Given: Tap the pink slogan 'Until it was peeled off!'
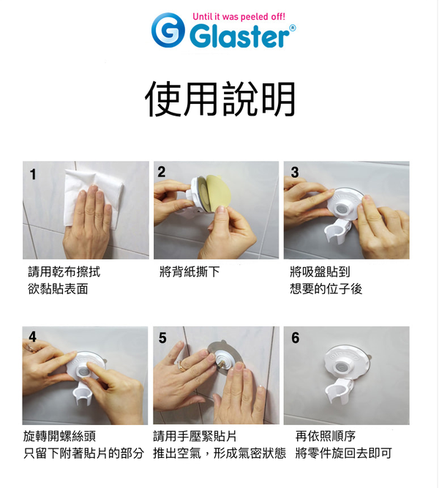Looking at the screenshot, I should pos(239,15).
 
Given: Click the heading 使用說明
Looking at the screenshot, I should pos(219,99).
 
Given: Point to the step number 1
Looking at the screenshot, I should pos(34,174).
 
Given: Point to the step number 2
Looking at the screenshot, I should pos(162,172).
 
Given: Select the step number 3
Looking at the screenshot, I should pos(294,173).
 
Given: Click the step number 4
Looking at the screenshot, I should pos(32,337).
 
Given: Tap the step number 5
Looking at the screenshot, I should pos(162,338).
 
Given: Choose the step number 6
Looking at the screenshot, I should pos(295,338).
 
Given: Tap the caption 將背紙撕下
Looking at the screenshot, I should pos(190,272).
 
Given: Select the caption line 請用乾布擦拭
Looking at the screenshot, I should pos(64,272).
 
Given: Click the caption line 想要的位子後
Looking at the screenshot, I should pos(326,289).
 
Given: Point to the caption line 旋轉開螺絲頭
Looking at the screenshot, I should pos(59,437).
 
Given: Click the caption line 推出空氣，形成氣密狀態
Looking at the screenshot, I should pos(219,454).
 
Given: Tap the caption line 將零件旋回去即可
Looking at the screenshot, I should pos(343,454).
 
